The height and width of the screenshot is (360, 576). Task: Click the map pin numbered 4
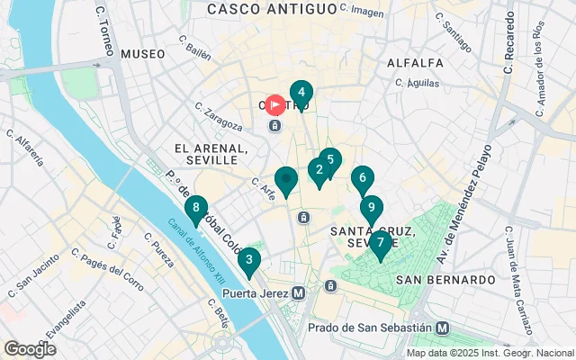click(301, 92)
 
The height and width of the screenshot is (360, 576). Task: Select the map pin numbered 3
click(248, 260)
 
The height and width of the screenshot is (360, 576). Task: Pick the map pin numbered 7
click(381, 243)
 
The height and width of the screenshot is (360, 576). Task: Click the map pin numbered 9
click(371, 208)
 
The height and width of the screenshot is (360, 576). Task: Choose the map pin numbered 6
click(362, 178)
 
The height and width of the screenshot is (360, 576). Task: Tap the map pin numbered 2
click(319, 169)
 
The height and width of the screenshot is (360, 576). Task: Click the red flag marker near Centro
click(275, 103)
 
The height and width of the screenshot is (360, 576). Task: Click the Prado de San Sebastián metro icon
click(442, 328)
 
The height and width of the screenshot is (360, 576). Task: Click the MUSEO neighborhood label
click(142, 54)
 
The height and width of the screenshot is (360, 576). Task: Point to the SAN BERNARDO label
click(445, 280)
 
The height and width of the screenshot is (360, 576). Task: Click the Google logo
click(30, 348)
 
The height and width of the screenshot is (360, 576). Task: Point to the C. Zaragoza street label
click(219, 115)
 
